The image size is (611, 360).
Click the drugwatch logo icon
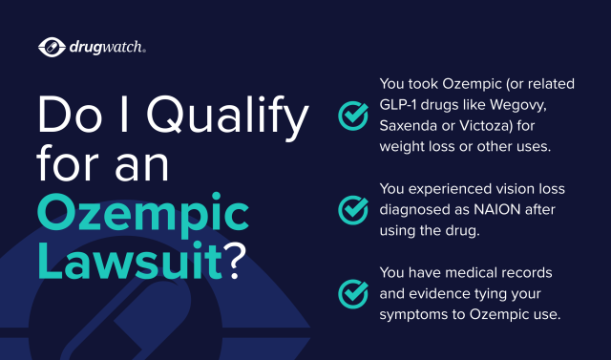pyautogui.click(x=51, y=46)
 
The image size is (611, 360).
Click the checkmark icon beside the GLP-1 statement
pyautogui.click(x=354, y=116)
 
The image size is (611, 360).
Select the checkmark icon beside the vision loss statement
pyautogui.click(x=354, y=207)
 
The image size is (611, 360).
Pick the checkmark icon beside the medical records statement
pyautogui.click(x=354, y=291)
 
